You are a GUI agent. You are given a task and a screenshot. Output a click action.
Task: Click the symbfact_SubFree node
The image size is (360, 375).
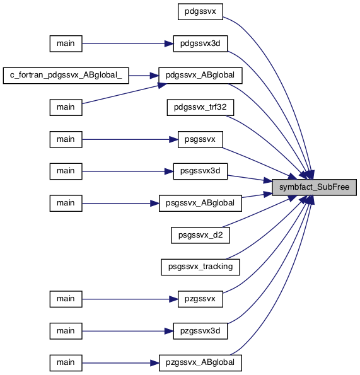[x=314, y=187]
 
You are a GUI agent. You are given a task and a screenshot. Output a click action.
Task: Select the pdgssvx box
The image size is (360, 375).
[x=200, y=12]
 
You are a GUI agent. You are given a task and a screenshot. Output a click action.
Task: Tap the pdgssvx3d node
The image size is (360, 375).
[x=200, y=43]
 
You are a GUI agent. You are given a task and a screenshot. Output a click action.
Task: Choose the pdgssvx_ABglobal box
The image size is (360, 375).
[x=200, y=76]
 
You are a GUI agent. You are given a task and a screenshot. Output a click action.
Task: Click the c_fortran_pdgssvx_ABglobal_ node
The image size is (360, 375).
[x=66, y=76]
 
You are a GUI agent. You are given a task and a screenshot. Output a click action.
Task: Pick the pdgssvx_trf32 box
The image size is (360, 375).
[x=200, y=108]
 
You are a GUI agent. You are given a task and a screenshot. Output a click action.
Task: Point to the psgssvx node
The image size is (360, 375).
[x=200, y=139]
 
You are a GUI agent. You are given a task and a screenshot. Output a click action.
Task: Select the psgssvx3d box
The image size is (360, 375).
[x=200, y=171]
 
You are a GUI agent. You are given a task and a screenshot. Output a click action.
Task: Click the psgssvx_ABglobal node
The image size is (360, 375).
[x=200, y=204]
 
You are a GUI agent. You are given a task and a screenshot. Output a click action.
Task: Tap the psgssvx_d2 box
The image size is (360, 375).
[x=200, y=235]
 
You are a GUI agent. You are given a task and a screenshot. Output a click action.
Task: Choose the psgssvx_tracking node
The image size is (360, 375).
[x=200, y=267]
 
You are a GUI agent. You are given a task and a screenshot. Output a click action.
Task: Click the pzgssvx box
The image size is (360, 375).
[x=200, y=299]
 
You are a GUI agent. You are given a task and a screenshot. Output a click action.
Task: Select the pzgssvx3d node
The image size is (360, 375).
[x=200, y=331]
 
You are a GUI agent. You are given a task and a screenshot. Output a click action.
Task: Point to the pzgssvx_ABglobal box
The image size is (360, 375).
[x=200, y=363]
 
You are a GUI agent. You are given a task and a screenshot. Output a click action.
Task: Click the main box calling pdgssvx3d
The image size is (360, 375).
[x=66, y=43]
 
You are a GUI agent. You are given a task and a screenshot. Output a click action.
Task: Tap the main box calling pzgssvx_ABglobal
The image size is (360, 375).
[x=66, y=363]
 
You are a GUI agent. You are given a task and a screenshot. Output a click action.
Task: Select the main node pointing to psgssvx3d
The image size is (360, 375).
[x=66, y=171]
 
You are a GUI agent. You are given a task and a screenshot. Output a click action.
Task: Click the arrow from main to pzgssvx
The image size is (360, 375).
[x=130, y=299]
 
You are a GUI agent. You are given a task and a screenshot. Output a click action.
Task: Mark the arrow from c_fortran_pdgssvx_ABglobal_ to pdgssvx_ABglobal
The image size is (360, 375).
[x=144, y=76]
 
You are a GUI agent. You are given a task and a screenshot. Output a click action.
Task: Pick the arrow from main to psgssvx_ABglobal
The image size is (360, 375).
[x=120, y=204]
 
